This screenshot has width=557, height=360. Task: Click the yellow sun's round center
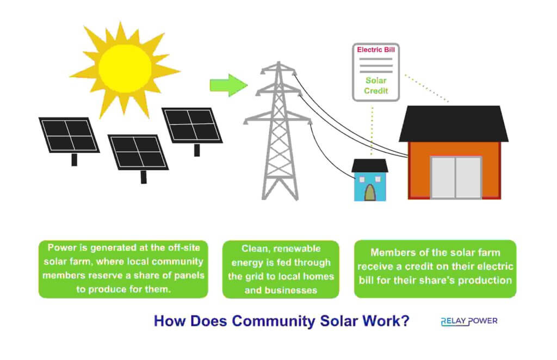125,67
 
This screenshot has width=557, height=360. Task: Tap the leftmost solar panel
69,135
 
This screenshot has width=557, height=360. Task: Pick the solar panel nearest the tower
192,125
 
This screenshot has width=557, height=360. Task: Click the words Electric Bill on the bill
376,50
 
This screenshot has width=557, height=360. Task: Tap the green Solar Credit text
376,85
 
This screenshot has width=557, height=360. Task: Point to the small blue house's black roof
370,165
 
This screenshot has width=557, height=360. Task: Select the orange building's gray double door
456,177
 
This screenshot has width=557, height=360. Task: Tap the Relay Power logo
469,321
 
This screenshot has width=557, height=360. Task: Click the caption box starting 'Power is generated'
123,269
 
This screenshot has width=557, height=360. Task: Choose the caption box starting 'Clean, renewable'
281,269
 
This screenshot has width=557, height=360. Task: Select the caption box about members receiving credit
435,269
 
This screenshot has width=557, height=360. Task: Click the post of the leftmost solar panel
75,159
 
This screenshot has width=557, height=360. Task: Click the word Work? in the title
386,321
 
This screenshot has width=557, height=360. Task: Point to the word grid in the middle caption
265,276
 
